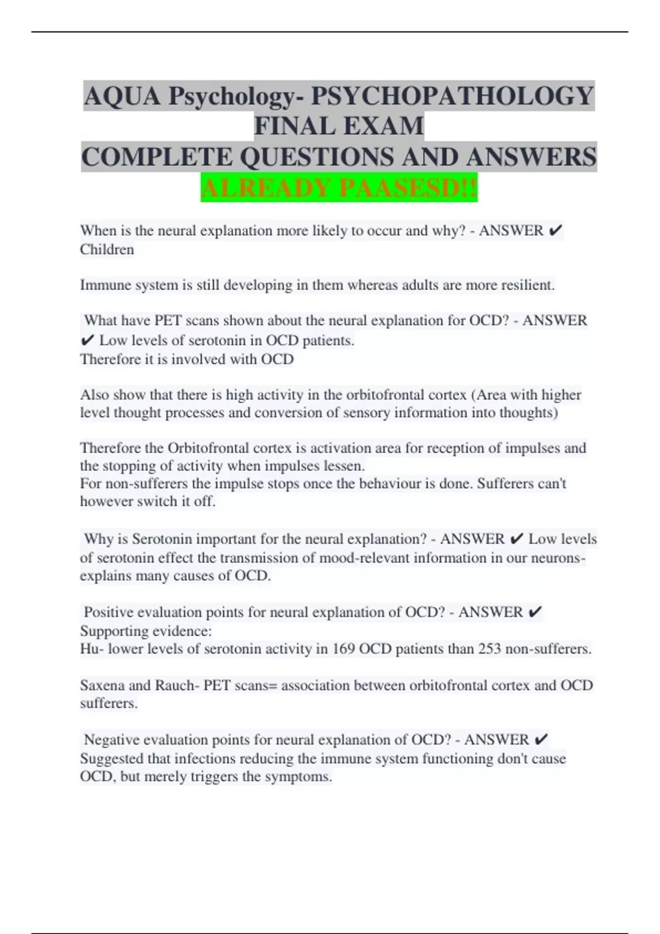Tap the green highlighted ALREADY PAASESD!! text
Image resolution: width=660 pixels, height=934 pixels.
point(339,188)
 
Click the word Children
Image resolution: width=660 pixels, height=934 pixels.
point(107,249)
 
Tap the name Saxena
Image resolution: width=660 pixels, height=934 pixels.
point(102,685)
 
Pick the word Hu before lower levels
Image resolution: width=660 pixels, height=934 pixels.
point(89,649)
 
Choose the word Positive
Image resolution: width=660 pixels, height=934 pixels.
point(108,612)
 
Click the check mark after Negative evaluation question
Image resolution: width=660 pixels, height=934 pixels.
point(541,740)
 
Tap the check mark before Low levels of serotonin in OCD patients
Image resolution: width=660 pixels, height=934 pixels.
point(87,341)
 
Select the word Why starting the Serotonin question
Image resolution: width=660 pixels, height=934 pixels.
point(97,539)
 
